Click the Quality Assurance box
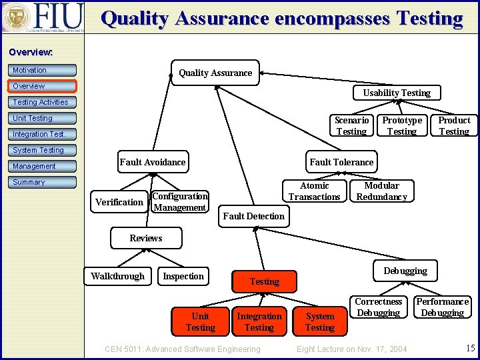215,73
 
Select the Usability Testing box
397,93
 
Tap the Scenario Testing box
351,125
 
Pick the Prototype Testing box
402,125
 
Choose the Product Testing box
454,125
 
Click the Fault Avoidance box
153,162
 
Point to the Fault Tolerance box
341,162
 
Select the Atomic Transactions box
315,191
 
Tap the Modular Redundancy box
381,191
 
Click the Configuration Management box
180,202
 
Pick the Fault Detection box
253,216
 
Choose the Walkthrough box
117,276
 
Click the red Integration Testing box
259,321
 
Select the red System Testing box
320,321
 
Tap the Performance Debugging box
443,307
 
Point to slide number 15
471,348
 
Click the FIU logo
43,17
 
